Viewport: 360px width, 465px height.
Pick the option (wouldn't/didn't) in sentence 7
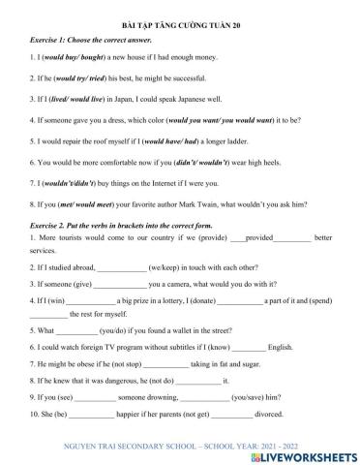click(62, 182)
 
